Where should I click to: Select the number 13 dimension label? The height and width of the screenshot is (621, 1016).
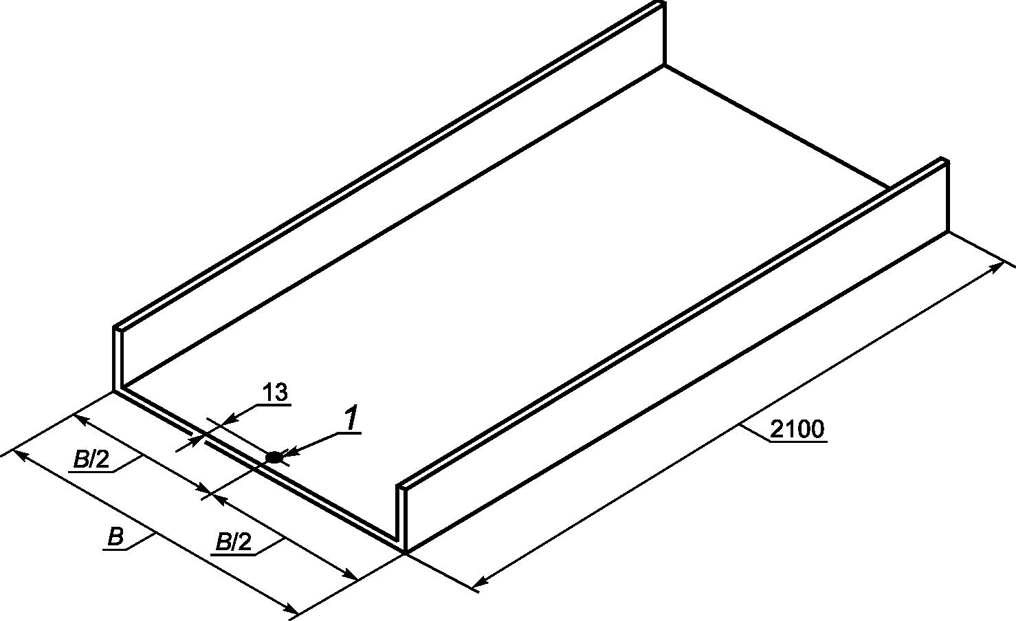274,393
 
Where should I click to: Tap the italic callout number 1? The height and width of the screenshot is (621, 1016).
351,418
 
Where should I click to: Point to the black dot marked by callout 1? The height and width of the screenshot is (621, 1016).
274,456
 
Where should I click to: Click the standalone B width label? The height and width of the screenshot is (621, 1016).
115,537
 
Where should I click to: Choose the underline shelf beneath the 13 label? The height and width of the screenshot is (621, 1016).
275,404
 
